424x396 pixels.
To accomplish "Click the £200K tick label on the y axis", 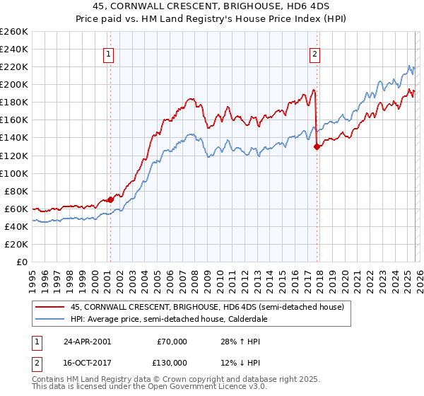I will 14,84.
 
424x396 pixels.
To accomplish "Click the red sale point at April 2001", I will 111,199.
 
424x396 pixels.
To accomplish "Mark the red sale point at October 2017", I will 317,146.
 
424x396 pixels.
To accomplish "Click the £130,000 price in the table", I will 172,363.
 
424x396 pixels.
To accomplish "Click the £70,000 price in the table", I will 172,342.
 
